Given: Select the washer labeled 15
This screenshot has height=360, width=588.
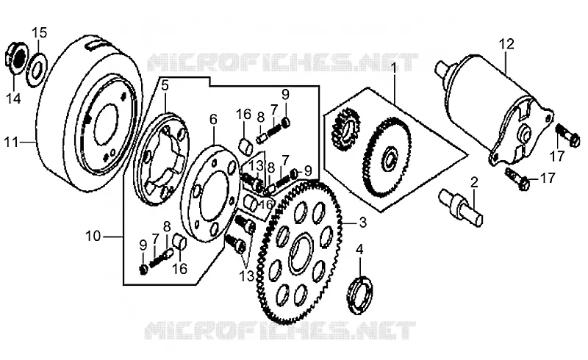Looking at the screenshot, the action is pos(37,69).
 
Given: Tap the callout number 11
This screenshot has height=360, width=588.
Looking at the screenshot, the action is pos(11,143).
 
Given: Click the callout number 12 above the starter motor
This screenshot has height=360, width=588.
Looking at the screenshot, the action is pos(506,44).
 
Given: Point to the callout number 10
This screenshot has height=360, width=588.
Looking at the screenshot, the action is pos(93,237).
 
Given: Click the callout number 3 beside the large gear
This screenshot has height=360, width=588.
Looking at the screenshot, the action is pos(362,223).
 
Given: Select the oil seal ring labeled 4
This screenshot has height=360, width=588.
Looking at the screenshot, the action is pos(359,295).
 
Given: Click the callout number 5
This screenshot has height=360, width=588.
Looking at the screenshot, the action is pos(165,85).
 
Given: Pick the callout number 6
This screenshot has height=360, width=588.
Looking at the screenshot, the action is pos(213,119).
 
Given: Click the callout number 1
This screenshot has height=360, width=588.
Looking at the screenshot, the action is pos(393,68).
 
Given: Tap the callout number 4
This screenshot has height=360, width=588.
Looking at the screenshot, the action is pos(359,249).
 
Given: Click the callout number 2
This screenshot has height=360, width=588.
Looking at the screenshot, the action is pos(474,183).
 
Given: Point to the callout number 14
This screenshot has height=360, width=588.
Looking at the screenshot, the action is pos(13,98).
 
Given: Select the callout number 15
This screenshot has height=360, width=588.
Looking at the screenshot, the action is pos(39,33).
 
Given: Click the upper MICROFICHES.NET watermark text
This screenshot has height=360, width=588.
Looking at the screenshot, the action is pos(282,62).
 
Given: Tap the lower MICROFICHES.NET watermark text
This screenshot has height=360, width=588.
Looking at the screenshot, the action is pos(281,330).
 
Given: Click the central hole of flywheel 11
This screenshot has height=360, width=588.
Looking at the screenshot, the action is pos(105,124).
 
